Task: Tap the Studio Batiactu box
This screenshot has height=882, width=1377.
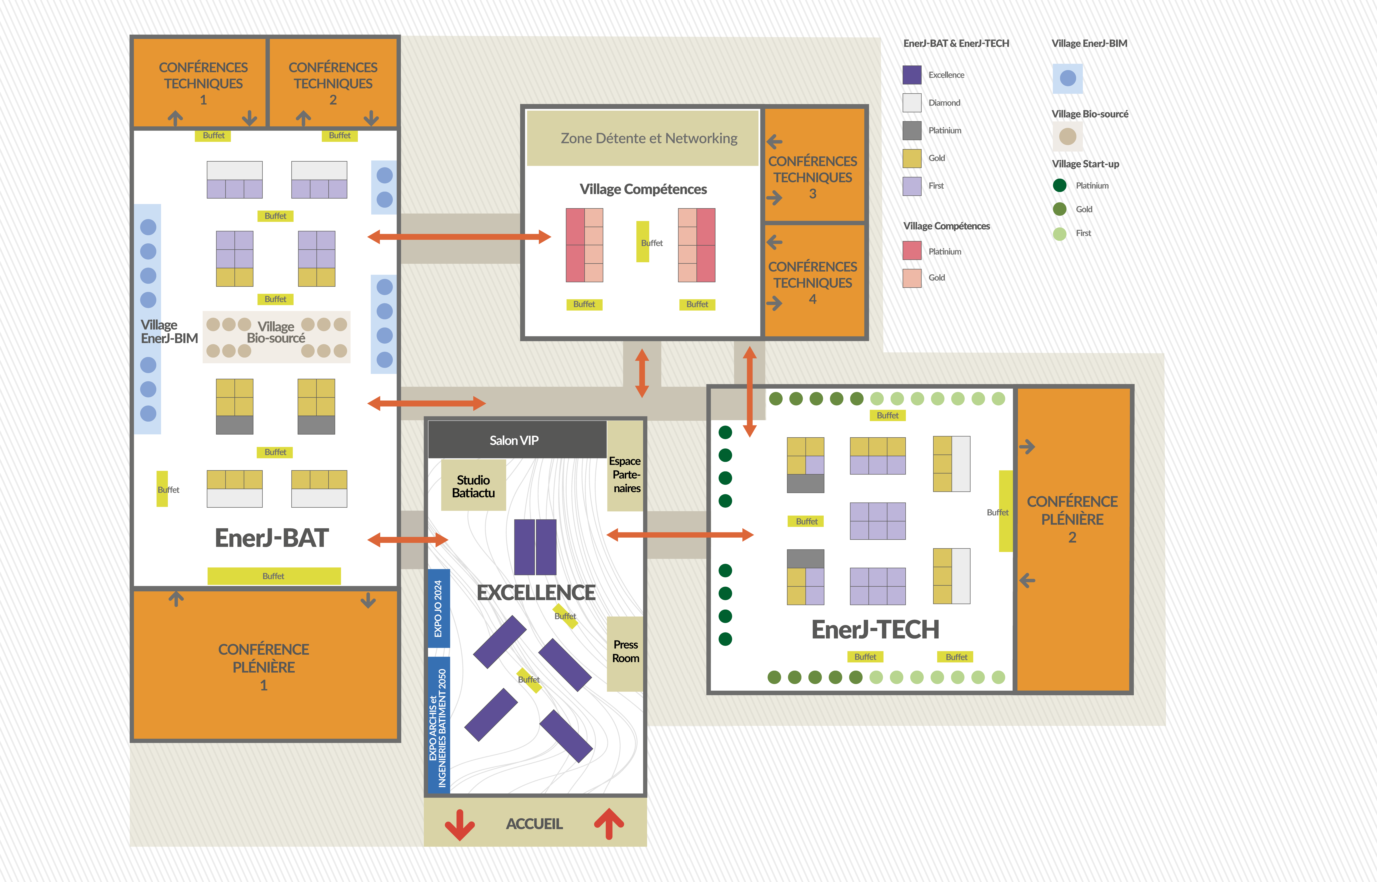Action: (x=473, y=486)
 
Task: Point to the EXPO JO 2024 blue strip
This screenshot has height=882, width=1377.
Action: (x=439, y=608)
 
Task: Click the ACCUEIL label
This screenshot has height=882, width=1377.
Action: (x=534, y=824)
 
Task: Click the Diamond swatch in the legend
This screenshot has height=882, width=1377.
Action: (x=912, y=103)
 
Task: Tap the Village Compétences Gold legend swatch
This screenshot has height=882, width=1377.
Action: (x=912, y=278)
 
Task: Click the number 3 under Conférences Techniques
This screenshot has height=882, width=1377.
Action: (x=812, y=194)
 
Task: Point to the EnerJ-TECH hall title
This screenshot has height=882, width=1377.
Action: (x=875, y=629)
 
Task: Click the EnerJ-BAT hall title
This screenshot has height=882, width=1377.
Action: (x=271, y=538)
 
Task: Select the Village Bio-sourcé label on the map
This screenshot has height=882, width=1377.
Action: (x=276, y=332)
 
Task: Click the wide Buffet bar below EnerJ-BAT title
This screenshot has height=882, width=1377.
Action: (x=274, y=576)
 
